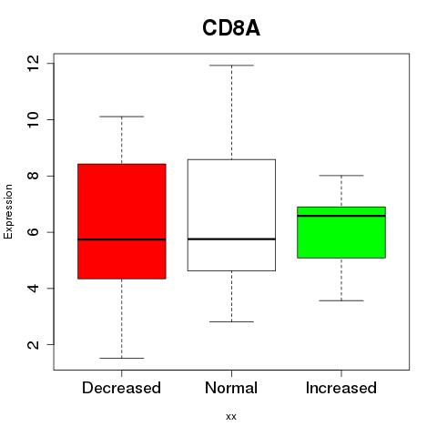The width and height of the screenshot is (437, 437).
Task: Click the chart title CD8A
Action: tap(231, 28)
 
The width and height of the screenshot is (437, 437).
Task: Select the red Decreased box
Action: tap(122, 221)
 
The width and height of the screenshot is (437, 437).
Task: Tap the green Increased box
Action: tap(341, 232)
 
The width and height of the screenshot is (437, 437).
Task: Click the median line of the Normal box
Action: tap(231, 239)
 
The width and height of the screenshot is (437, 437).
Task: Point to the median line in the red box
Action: tap(122, 239)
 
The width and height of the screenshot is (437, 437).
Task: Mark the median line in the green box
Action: tap(341, 216)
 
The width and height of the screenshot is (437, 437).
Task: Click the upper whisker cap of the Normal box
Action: tap(231, 66)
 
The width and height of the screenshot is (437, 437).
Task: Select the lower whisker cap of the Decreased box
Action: tap(122, 358)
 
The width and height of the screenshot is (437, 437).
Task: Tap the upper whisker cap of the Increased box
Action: tap(341, 176)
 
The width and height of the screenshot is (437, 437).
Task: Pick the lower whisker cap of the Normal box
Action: tap(231, 321)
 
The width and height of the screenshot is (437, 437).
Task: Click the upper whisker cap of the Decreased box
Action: tap(122, 117)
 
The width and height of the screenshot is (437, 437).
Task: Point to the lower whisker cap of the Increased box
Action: tap(341, 300)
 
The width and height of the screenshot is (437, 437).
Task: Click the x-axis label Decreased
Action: tap(121, 388)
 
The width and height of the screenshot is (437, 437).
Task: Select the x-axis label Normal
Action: tap(231, 388)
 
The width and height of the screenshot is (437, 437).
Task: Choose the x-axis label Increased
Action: tap(341, 388)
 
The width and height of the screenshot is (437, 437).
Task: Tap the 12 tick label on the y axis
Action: tap(33, 64)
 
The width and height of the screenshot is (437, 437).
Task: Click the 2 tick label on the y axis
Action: tap(33, 344)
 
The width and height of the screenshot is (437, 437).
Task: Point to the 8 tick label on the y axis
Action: tap(33, 176)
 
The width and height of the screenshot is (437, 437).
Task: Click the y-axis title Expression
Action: tap(8, 211)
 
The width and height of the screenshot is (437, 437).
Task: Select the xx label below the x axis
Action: tap(231, 417)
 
